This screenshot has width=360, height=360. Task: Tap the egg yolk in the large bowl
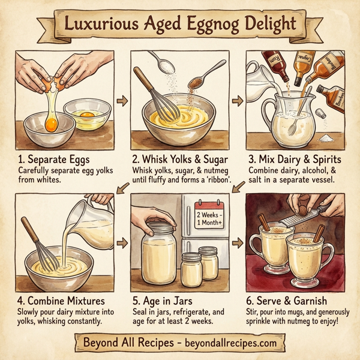click(x=50, y=125)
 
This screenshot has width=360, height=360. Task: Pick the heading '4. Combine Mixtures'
click(x=62, y=299)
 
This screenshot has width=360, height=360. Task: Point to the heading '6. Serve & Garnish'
click(x=293, y=299)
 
